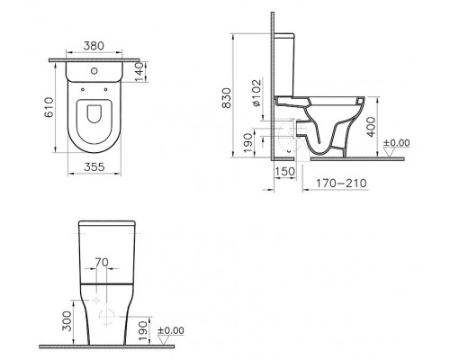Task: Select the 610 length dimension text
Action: coord(53,110)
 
